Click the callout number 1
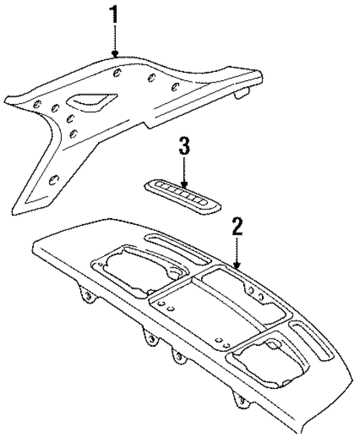click(114, 14)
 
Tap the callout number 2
click(236, 226)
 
